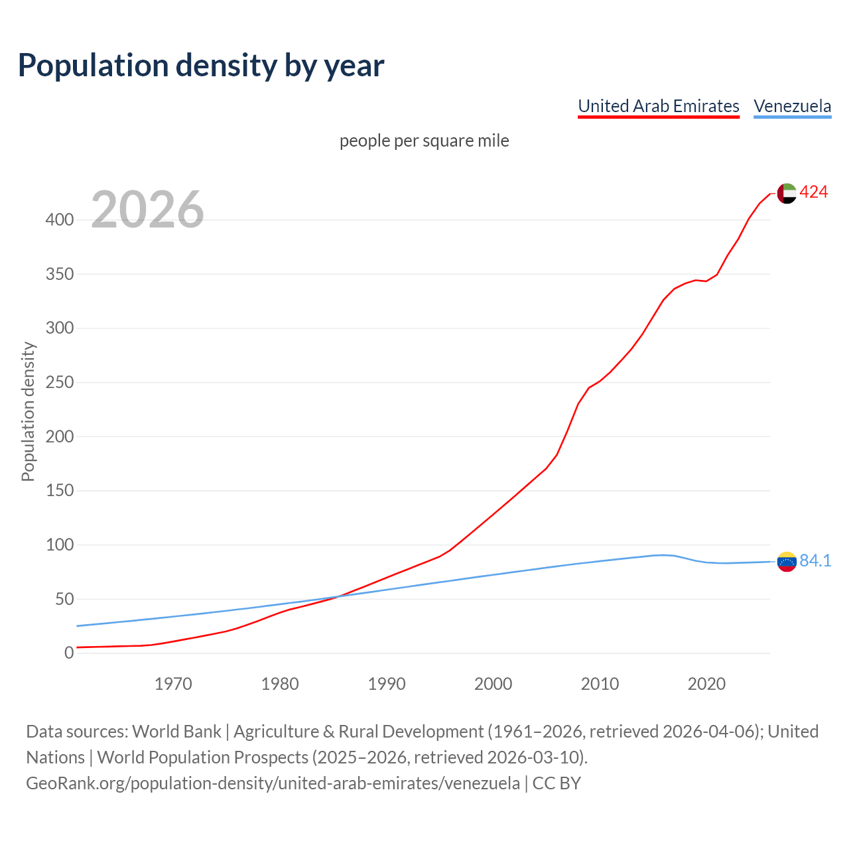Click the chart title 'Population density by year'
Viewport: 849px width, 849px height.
[201, 65]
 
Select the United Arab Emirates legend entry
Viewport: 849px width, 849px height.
[658, 106]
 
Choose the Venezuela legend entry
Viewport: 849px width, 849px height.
[792, 106]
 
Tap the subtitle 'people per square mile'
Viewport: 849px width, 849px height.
[424, 141]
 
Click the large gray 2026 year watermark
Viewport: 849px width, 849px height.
[147, 210]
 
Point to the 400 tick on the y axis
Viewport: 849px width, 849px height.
[59, 220]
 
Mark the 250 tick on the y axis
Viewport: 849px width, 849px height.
[59, 383]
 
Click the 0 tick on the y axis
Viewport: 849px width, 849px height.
[68, 653]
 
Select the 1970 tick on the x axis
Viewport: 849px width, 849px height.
[173, 684]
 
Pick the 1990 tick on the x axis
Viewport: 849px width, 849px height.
[387, 684]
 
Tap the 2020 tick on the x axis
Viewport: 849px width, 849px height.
[706, 684]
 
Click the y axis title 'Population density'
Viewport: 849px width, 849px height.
[28, 411]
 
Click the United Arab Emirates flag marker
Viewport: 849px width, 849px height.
[787, 193]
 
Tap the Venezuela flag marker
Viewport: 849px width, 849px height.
[787, 561]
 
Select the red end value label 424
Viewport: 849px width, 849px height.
[813, 192]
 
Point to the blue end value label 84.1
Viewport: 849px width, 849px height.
[815, 561]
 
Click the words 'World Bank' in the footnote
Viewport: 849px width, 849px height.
[176, 732]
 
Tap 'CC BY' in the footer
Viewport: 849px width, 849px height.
[556, 783]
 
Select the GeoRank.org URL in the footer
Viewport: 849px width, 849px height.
[273, 783]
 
